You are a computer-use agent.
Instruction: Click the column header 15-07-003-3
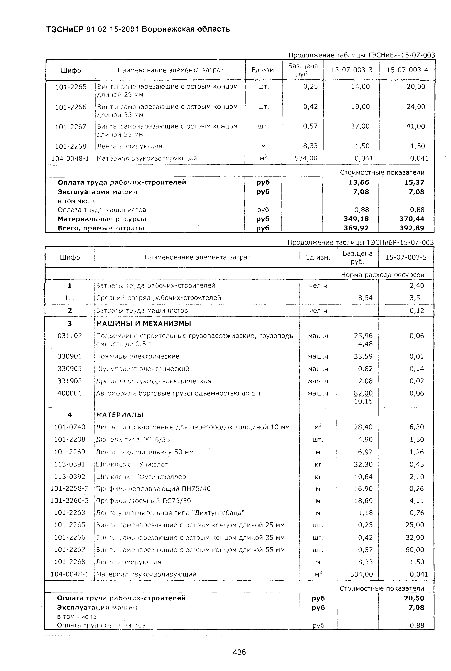click(351, 70)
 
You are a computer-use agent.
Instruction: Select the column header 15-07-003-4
click(407, 70)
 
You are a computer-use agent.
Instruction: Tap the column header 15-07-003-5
click(406, 257)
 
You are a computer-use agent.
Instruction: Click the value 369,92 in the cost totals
click(356, 228)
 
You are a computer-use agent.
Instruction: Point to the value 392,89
click(412, 228)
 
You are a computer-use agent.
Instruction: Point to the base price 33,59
click(363, 356)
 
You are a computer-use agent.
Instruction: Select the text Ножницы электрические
click(137, 356)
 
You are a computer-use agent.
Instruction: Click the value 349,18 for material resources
click(356, 219)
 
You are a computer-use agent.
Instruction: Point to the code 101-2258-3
click(69, 488)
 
